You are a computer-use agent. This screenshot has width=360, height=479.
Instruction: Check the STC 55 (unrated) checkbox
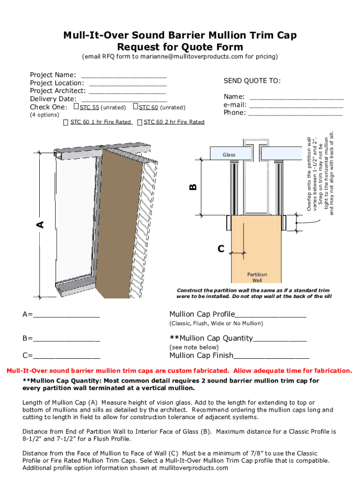click(x=77, y=107)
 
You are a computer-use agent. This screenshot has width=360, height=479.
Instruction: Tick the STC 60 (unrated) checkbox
click(x=136, y=107)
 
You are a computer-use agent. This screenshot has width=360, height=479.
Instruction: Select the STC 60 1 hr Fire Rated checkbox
click(x=66, y=123)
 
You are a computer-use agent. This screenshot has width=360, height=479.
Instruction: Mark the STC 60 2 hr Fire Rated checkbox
click(x=140, y=123)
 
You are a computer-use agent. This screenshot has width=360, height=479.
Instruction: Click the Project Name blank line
click(x=124, y=75)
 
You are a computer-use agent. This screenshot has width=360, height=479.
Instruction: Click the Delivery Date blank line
click(x=124, y=99)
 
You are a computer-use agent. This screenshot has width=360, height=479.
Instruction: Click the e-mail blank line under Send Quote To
click(x=296, y=105)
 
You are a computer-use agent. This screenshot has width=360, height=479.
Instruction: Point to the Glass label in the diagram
click(x=229, y=154)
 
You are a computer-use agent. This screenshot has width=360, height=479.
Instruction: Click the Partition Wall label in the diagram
click(x=257, y=277)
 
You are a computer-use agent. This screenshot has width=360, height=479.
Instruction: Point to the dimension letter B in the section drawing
click(x=193, y=187)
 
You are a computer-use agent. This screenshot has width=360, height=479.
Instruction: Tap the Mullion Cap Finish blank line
click(x=271, y=356)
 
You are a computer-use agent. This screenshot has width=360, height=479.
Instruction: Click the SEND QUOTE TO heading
click(x=252, y=81)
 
